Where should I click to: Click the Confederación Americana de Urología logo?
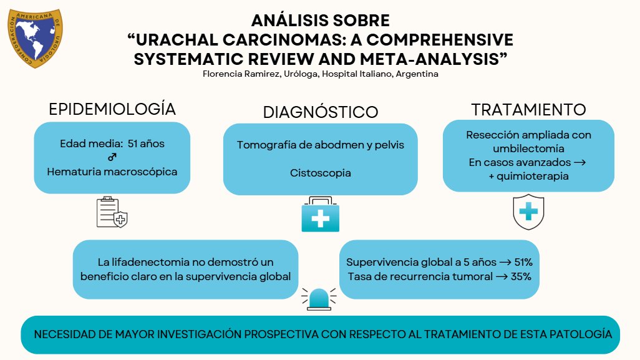(34, 38)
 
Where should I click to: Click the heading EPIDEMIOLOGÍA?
(112, 109)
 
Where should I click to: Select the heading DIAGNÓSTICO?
(320, 112)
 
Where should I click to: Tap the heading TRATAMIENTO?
(528, 110)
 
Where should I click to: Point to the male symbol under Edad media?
(112, 157)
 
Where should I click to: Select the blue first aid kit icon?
(320, 215)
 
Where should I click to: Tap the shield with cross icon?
(528, 212)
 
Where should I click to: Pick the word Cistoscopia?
(320, 173)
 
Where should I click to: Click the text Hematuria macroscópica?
(112, 171)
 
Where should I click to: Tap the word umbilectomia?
(528, 148)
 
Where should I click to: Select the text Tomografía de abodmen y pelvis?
(320, 145)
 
